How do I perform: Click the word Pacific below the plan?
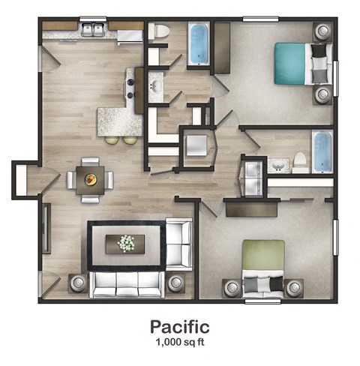click(x=178, y=326)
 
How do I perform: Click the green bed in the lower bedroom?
click(x=263, y=266)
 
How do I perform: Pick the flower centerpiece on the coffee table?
click(x=126, y=243)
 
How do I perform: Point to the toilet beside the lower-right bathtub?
click(x=300, y=160)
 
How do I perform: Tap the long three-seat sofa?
click(x=127, y=284)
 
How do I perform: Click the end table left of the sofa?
click(x=78, y=283)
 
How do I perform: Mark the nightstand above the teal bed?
click(x=322, y=32)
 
